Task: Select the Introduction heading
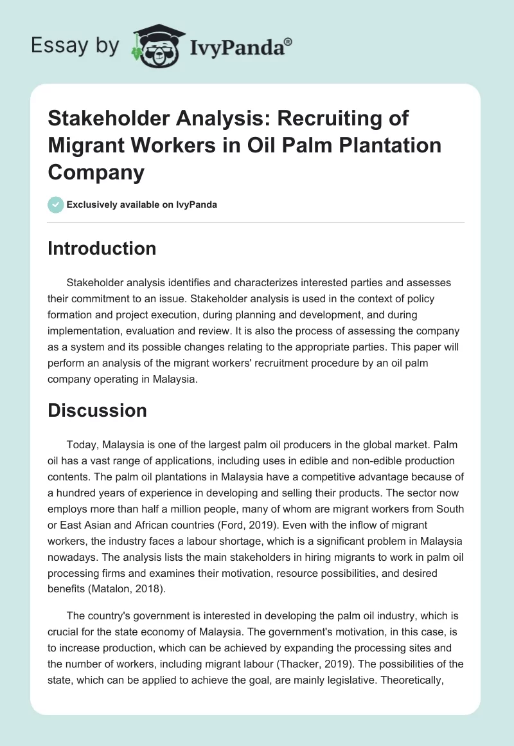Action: tap(102, 248)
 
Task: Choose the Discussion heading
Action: tap(97, 410)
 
